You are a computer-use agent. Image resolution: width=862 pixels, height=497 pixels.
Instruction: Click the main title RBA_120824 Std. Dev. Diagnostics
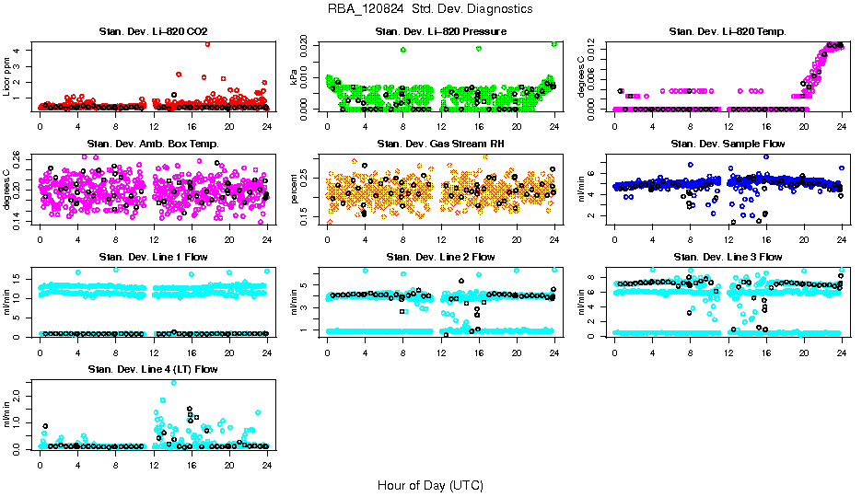tap(429, 9)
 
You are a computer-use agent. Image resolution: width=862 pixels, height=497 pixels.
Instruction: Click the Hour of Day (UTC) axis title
tap(429, 485)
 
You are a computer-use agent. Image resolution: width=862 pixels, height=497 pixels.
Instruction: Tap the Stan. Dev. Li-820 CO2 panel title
tap(153, 32)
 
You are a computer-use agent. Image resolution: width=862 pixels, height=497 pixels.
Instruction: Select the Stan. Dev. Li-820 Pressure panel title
tap(441, 32)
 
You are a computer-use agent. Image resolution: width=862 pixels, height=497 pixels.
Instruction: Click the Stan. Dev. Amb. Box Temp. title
tap(153, 144)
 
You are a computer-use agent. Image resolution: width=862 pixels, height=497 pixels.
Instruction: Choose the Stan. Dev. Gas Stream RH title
tap(441, 144)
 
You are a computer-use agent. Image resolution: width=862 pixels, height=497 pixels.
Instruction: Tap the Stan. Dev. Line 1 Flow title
tap(153, 257)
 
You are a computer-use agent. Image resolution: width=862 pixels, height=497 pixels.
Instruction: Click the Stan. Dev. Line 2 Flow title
tap(441, 257)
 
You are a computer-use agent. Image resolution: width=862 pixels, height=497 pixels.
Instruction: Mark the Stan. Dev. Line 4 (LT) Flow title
tap(153, 369)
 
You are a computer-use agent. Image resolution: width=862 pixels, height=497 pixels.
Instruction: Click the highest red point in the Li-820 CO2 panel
tap(207, 43)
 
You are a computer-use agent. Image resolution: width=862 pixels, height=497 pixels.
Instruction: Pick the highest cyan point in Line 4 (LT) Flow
tap(173, 382)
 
